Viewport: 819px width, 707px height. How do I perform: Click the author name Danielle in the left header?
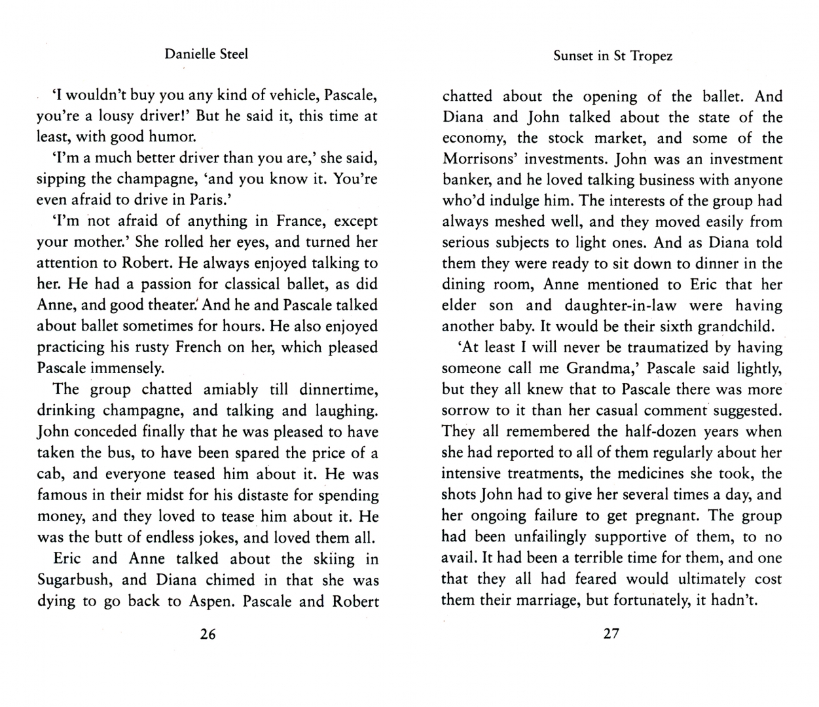[x=186, y=54]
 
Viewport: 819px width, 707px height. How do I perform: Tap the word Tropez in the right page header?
[x=651, y=56]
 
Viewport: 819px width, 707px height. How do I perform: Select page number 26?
[x=207, y=634]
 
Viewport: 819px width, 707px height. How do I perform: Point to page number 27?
[x=611, y=634]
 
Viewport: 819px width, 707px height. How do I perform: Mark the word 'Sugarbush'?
[x=74, y=580]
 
